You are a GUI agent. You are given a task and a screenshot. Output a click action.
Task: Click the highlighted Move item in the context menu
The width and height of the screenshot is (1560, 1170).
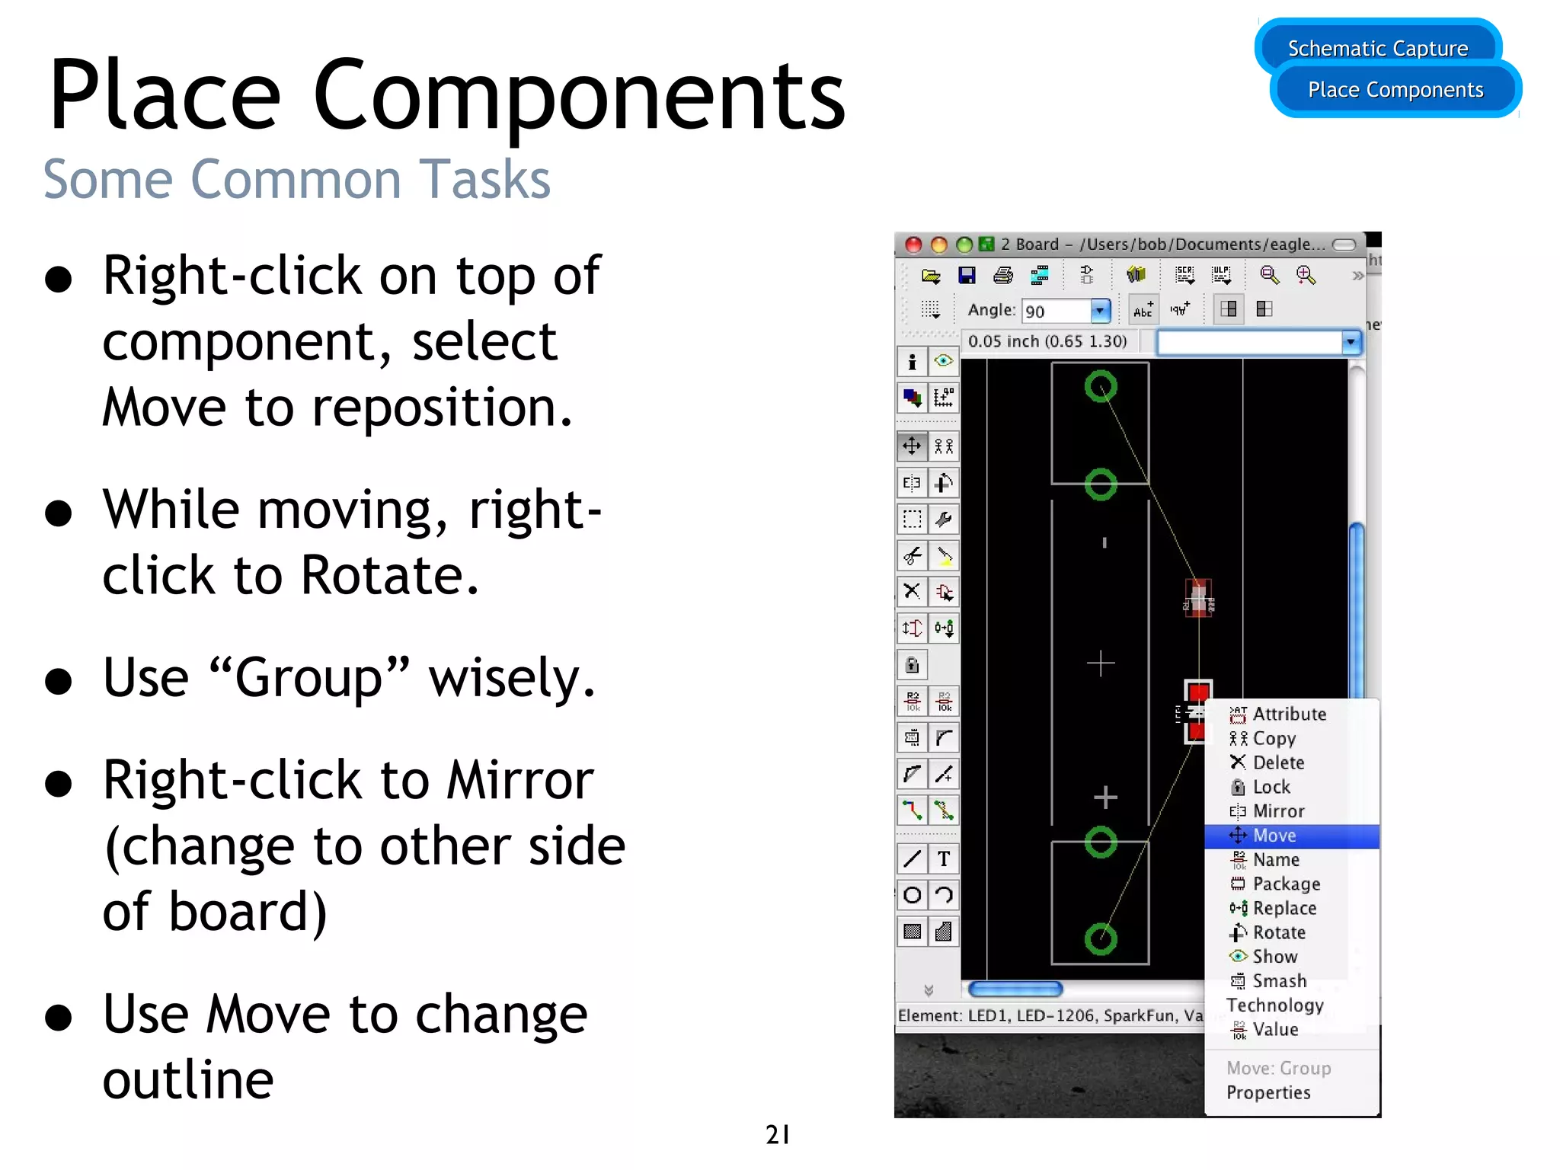click(x=1274, y=836)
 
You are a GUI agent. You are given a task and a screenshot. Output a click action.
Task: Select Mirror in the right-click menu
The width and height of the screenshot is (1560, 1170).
click(x=1278, y=811)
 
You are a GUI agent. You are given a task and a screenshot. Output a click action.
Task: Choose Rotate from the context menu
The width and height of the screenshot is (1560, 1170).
click(x=1278, y=932)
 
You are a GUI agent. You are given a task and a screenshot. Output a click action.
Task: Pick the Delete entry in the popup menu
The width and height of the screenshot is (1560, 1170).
click(x=1278, y=762)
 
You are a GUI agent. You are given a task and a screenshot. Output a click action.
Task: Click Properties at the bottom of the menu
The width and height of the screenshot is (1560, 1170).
click(x=1268, y=1092)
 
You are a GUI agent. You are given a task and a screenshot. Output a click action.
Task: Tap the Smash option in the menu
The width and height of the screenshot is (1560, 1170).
click(x=1279, y=981)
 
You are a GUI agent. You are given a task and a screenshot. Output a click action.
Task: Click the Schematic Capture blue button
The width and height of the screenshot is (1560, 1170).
click(x=1377, y=49)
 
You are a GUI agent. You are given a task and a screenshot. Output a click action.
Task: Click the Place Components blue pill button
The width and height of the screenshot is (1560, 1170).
click(x=1395, y=90)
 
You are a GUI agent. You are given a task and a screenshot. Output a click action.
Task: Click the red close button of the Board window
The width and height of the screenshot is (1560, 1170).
click(x=913, y=245)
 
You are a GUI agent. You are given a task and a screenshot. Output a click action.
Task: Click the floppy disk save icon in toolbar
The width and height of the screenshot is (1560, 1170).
click(x=967, y=276)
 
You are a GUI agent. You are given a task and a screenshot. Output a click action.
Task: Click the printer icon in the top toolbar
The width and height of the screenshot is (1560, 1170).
click(x=1003, y=276)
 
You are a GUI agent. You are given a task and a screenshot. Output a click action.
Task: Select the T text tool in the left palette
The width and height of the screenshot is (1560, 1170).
click(x=944, y=859)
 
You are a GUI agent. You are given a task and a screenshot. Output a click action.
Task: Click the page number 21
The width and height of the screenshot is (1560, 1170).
click(x=778, y=1134)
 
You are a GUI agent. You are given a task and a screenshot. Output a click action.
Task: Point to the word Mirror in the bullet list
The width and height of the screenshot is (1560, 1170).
click(x=519, y=781)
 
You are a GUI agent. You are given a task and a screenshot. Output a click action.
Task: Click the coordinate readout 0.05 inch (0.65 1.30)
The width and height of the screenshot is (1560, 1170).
click(x=1047, y=341)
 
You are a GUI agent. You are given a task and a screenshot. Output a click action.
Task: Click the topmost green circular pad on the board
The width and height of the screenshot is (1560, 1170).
click(x=1101, y=387)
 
